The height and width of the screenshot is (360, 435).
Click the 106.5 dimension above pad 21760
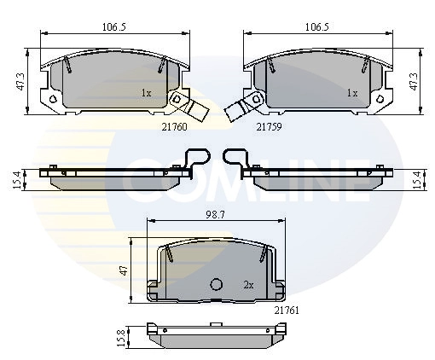coord(114,27)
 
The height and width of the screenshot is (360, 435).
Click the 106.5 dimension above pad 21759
coord(317,27)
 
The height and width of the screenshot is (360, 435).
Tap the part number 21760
coord(175,127)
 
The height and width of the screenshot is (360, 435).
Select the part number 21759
coord(269,127)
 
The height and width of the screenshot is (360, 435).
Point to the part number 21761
coord(287,311)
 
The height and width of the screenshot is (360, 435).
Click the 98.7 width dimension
coord(215,215)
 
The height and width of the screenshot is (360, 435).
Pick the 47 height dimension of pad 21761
coord(124,270)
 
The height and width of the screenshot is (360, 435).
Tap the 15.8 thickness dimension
coord(121,338)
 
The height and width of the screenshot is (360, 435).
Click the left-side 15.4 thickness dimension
coord(17,180)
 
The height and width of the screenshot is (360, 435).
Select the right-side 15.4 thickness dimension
coord(416,180)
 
